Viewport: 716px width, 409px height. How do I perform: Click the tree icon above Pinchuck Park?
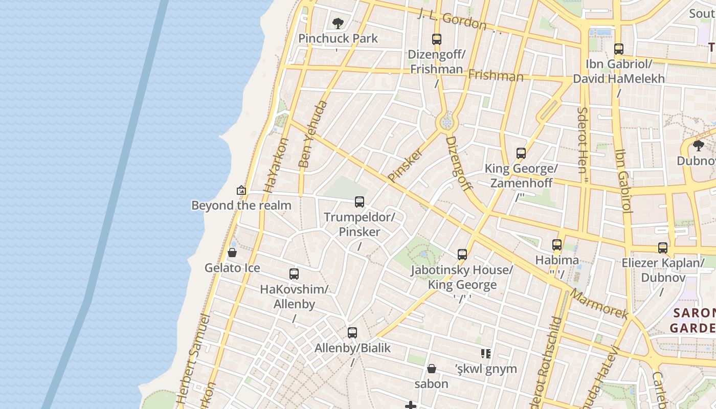tap(337, 23)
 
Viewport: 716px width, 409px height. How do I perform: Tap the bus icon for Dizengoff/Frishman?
tap(436, 39)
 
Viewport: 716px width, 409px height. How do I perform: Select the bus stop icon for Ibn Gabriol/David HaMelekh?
tap(618, 49)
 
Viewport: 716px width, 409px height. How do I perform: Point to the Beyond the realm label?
tap(241, 206)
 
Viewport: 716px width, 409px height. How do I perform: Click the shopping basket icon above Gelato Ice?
tap(232, 253)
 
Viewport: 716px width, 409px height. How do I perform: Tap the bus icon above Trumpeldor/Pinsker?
tap(360, 202)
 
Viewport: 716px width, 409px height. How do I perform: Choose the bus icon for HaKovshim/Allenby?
tap(294, 274)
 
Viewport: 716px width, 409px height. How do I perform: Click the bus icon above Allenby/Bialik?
tap(352, 333)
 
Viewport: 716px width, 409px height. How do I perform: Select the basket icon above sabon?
tap(431, 369)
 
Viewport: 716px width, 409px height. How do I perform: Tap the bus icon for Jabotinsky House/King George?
tap(462, 255)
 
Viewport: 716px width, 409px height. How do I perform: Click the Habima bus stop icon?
tap(556, 245)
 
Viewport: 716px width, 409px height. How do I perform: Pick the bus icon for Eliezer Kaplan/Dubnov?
tap(662, 248)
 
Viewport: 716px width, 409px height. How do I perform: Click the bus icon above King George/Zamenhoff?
tap(521, 153)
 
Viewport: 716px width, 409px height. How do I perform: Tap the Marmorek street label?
tap(598, 304)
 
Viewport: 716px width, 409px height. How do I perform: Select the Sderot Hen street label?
tap(584, 140)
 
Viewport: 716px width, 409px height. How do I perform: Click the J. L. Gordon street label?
tap(452, 19)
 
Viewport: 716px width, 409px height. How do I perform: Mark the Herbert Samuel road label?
tap(193, 358)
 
